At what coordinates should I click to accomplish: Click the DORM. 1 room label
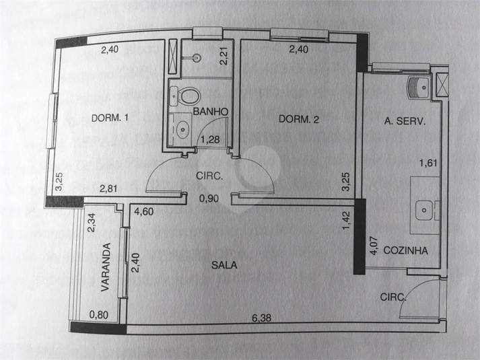click(x=110, y=118)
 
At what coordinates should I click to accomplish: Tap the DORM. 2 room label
click(x=299, y=119)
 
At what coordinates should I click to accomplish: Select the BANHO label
click(x=211, y=112)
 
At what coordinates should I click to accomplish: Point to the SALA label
click(x=224, y=265)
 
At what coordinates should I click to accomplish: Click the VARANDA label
click(x=106, y=267)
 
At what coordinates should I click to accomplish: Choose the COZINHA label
click(x=406, y=250)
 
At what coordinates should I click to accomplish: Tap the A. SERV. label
click(x=405, y=121)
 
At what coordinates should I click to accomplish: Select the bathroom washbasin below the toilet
click(x=182, y=129)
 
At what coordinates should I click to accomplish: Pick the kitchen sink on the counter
click(x=424, y=210)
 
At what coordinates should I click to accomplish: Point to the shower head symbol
click(x=197, y=57)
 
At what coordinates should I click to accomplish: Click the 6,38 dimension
click(x=261, y=318)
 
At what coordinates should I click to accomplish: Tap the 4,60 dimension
click(x=144, y=211)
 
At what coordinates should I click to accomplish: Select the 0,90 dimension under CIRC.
click(x=209, y=199)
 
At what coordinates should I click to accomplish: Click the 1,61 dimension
click(x=428, y=163)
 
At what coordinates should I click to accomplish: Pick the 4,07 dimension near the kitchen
click(x=374, y=246)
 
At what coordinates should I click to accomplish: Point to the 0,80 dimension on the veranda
click(x=98, y=314)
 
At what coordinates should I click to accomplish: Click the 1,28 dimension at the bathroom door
click(x=210, y=139)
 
